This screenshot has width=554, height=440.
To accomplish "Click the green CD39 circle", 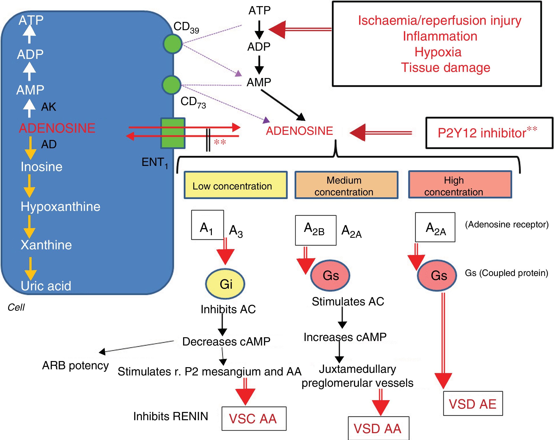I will pos(173,44).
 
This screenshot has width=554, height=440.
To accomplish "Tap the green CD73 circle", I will pos(172,85).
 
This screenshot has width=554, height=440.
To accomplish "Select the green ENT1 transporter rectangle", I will pos(173,133).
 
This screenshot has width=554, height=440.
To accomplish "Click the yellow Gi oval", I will pos(225,284).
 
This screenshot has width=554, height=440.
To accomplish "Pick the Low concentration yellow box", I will pos(235,185).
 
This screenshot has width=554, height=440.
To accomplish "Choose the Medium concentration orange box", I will pos(346,185).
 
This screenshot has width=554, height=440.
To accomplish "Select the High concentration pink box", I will pos(460,185).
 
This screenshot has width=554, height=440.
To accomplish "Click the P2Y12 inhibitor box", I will pos(489,133).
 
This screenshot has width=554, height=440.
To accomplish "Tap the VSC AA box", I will pos(254,418).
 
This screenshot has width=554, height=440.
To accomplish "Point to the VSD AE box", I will pos(473,404).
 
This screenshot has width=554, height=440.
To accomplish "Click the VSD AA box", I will pos(378,428).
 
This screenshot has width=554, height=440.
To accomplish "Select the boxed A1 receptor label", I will pos(207,225).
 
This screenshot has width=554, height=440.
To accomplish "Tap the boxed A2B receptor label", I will pos(316,230).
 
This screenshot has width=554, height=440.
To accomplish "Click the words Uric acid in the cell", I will pos(46,286).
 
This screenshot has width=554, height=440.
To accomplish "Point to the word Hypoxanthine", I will pos(60,207).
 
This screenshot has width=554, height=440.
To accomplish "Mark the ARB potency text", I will pos(75,366).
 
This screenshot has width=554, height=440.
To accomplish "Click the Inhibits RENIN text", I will pos(171,416).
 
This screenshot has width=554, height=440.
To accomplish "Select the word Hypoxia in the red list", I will pos(438,52).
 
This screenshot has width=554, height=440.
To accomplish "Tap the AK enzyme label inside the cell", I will pos(49,107).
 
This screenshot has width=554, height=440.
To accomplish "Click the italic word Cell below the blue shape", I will pos(16,307).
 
